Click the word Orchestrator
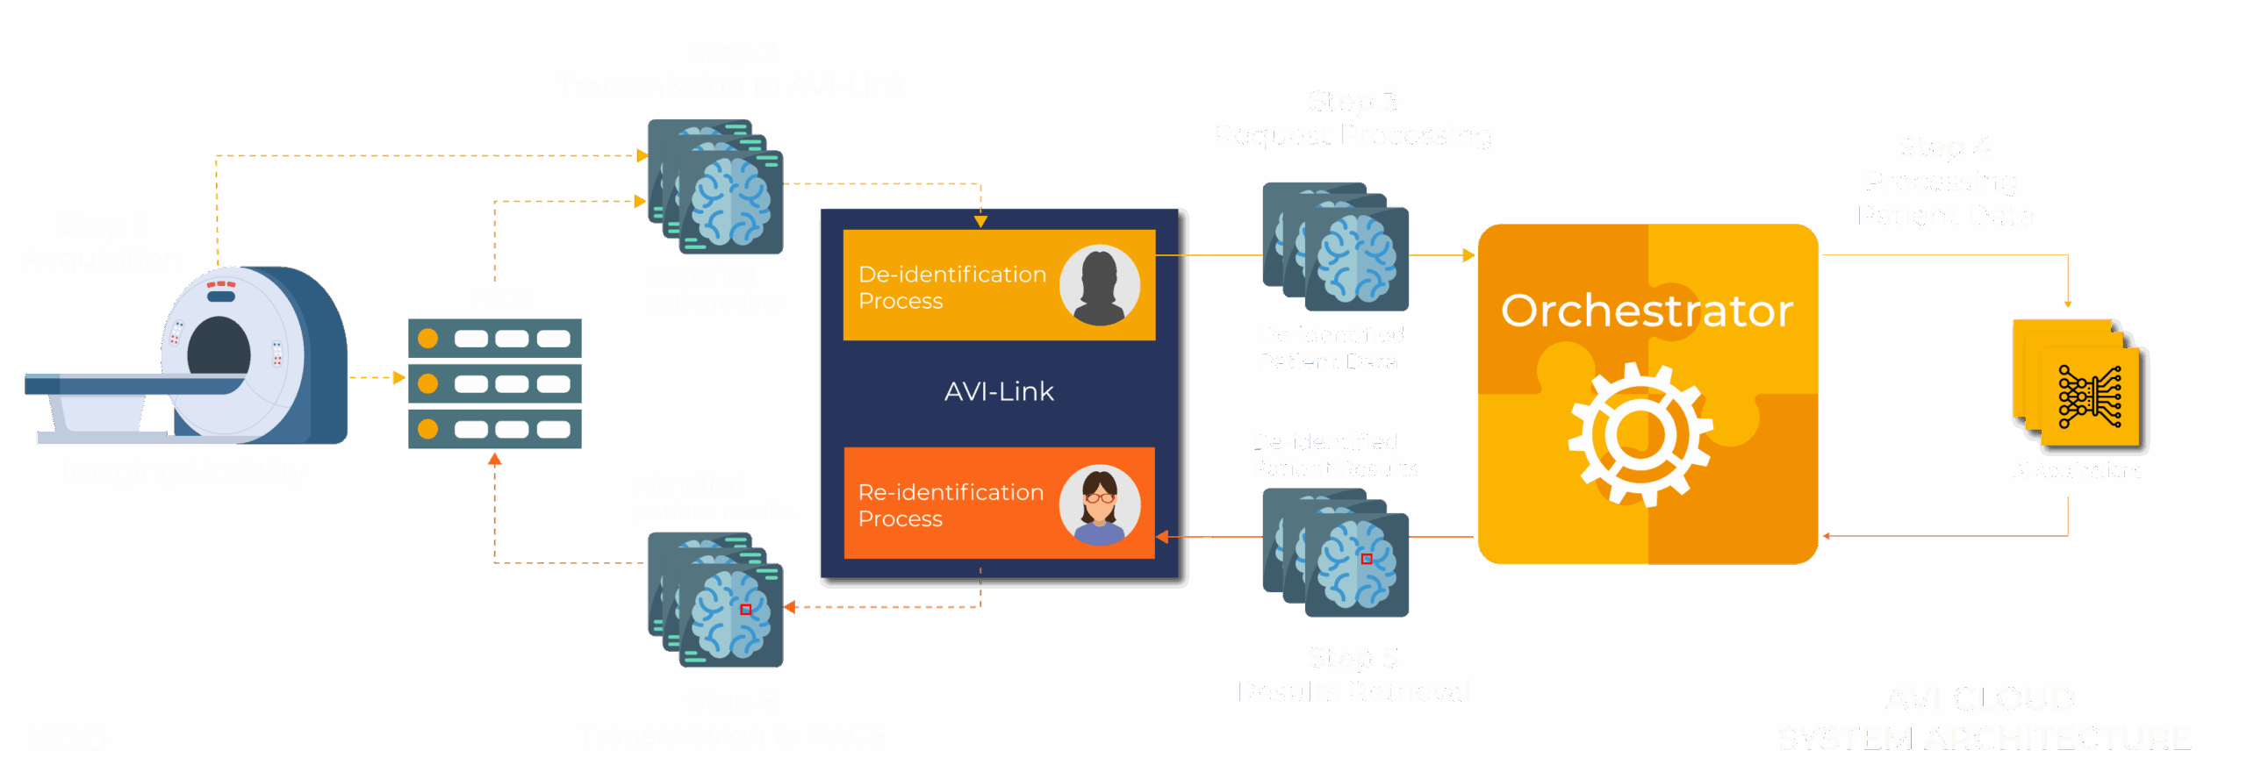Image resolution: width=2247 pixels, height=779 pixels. [1647, 311]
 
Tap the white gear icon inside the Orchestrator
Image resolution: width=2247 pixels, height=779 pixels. [1639, 434]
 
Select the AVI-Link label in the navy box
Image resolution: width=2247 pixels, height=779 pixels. [999, 391]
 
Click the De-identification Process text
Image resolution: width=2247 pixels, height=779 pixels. [951, 287]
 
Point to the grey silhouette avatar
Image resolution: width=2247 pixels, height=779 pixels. [1099, 285]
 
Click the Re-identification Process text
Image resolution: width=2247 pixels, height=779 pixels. [950, 504]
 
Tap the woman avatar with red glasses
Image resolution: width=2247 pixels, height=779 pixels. [1099, 504]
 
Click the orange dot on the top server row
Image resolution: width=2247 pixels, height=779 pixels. [428, 339]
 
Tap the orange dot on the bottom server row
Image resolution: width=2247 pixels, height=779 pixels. [428, 429]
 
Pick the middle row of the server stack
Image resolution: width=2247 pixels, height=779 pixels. [494, 384]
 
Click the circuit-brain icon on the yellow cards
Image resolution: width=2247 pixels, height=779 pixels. [2090, 397]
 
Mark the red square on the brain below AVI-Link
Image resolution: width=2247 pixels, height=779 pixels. [745, 610]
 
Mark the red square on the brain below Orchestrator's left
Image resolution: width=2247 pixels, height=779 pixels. [1366, 559]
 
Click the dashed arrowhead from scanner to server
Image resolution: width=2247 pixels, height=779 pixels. [398, 377]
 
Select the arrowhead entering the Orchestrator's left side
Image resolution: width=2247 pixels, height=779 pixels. [1468, 255]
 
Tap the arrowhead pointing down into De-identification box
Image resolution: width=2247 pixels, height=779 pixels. [980, 221]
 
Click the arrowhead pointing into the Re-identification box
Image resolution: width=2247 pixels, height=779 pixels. [1162, 536]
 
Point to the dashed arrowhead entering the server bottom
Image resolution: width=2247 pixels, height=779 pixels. [494, 460]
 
